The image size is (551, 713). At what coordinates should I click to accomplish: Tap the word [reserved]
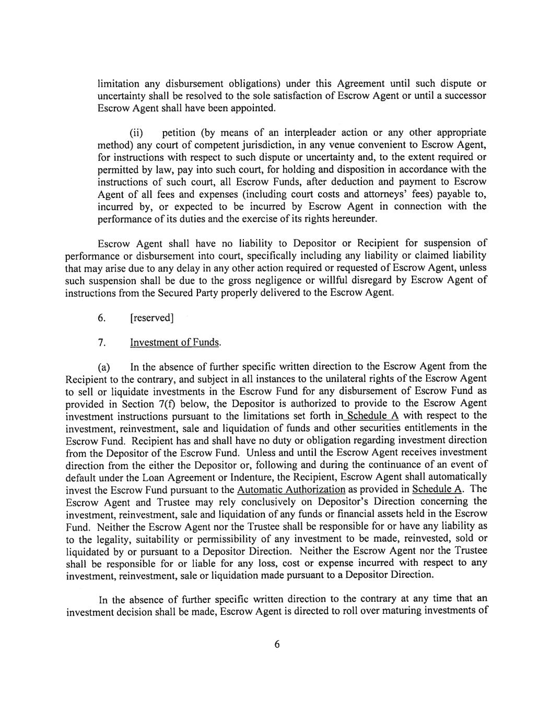point(151,318)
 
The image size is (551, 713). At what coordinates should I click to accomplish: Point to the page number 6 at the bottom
point(277,644)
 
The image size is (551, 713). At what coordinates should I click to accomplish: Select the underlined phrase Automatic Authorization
point(291,490)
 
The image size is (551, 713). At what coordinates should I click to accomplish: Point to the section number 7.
point(102,343)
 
